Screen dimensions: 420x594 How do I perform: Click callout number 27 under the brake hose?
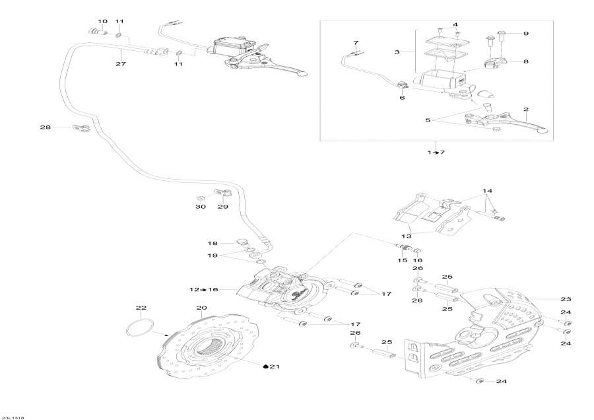click(120, 64)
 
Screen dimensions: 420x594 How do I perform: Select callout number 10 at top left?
click(102, 22)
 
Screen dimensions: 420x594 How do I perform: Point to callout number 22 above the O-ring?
click(141, 308)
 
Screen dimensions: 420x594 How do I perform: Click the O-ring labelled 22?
click(140, 328)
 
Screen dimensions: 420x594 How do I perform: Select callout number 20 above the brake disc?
click(201, 308)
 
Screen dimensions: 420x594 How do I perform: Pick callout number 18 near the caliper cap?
click(213, 243)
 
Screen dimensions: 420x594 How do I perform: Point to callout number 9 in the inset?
click(526, 33)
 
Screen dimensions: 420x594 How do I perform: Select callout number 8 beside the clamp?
click(526, 61)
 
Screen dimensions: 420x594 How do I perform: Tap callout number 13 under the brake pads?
click(405, 236)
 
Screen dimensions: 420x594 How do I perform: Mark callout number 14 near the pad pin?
click(486, 190)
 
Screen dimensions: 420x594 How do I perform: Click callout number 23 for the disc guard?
click(565, 298)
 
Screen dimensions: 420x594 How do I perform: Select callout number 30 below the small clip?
click(201, 207)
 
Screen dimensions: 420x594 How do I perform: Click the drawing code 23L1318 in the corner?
click(13, 417)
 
